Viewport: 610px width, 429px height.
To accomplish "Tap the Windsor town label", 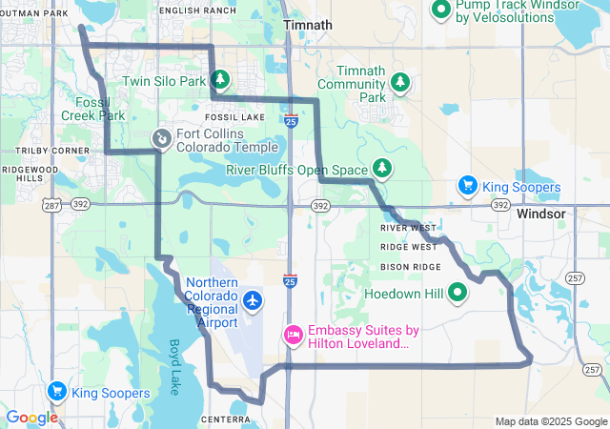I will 540,214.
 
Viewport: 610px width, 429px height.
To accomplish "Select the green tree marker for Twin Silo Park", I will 220,79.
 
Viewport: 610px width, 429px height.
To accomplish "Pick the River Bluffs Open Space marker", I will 382,168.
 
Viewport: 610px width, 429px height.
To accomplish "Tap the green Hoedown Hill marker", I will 457,293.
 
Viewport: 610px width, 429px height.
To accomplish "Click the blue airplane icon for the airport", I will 253,301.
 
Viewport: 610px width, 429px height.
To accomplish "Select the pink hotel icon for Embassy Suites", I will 293,335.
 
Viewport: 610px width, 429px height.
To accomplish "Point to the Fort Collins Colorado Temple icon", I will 162,139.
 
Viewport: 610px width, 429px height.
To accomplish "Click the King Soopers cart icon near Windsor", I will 467,185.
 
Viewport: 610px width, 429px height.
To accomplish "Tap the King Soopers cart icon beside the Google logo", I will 56,391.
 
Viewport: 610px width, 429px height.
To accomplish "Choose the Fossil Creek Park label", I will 99,108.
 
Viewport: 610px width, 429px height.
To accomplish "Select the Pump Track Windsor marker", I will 440,10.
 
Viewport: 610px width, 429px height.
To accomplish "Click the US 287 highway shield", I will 51,205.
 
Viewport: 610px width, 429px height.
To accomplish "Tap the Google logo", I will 31,418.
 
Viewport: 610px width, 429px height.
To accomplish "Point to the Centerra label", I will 226,419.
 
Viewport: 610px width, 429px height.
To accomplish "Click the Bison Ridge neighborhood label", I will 410,266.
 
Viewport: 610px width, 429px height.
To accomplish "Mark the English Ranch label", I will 197,10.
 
